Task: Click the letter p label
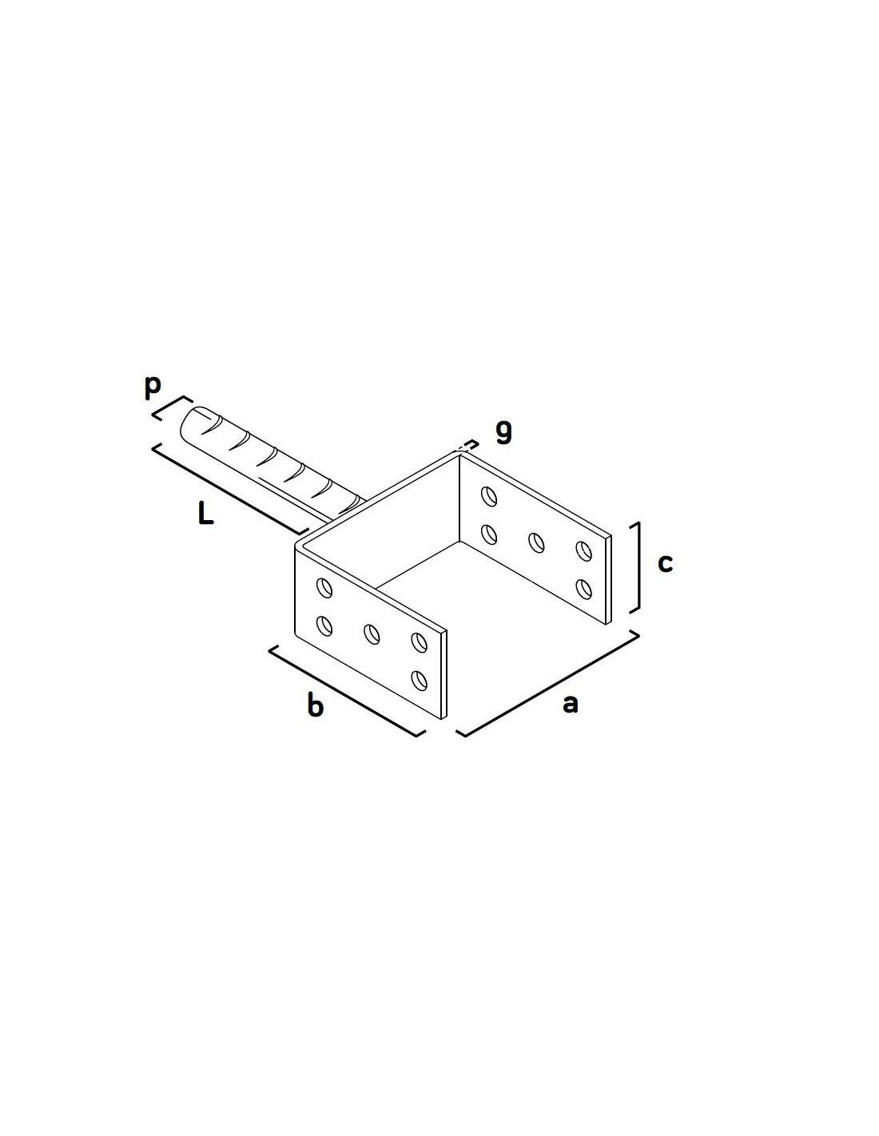pyautogui.click(x=152, y=387)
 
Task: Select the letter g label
pyautogui.click(x=503, y=433)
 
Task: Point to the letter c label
pyautogui.click(x=665, y=563)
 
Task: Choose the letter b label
pyautogui.click(x=316, y=704)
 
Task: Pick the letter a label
pyautogui.click(x=571, y=704)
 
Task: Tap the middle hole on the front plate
pyautogui.click(x=372, y=634)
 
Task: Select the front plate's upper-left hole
pyautogui.click(x=324, y=588)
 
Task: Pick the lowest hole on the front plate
pyautogui.click(x=419, y=680)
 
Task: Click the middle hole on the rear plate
pyautogui.click(x=536, y=542)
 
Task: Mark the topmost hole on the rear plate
pyautogui.click(x=489, y=496)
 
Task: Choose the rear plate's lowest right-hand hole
pyautogui.click(x=583, y=590)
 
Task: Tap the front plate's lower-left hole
pyautogui.click(x=324, y=626)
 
